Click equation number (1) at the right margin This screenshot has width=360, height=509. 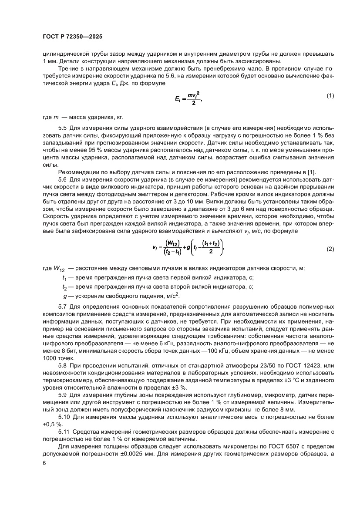[x=330, y=96]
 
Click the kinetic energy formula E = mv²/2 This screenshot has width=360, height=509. [x=188, y=98]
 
